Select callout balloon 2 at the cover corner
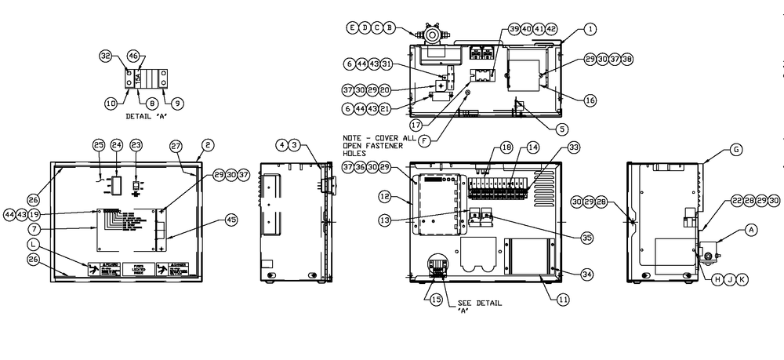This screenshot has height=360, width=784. point(209,145)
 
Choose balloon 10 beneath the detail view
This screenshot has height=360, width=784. point(111,103)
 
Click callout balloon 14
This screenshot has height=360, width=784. point(533,147)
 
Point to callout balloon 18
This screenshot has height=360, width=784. point(506,147)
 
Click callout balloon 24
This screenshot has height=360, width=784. point(117,145)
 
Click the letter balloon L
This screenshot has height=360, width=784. point(33,245)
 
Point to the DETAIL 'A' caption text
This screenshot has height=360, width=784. point(146,116)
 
